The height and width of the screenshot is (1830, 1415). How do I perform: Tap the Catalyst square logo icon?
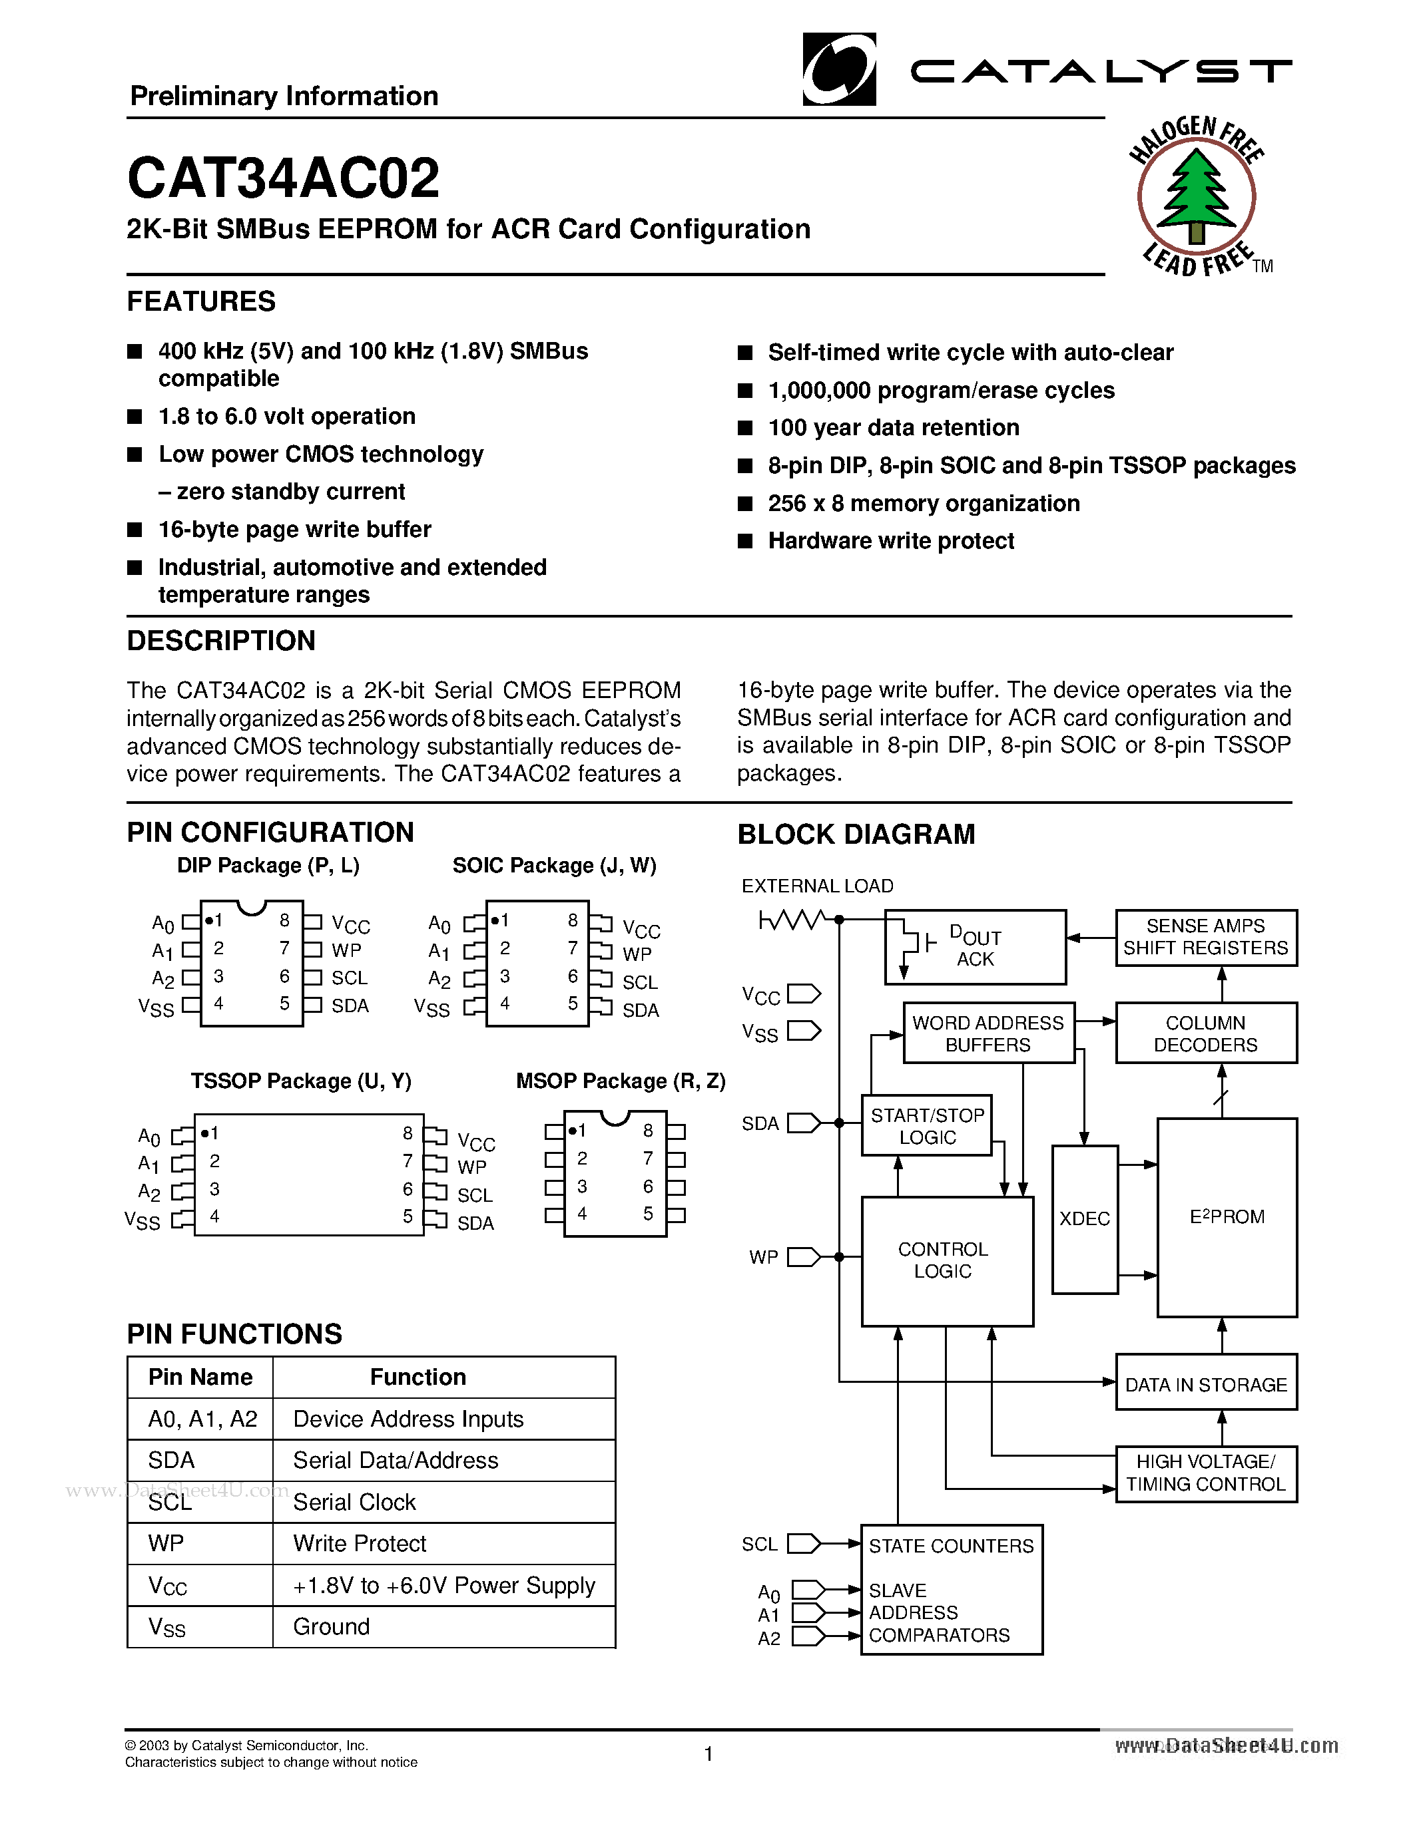pyautogui.click(x=839, y=70)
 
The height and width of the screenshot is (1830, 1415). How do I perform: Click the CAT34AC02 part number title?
pyautogui.click(x=284, y=178)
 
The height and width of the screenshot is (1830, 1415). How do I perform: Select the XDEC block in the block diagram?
pyautogui.click(x=1084, y=1219)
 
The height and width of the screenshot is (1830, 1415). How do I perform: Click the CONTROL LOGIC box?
pyautogui.click(x=946, y=1261)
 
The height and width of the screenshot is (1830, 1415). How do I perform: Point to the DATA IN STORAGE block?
pyautogui.click(x=1205, y=1385)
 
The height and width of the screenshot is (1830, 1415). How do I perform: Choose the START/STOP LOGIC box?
pyautogui.click(x=926, y=1126)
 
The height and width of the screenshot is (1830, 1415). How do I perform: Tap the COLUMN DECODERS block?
pyautogui.click(x=1205, y=1033)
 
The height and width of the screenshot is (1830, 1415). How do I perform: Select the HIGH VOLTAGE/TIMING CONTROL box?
pyautogui.click(x=1205, y=1473)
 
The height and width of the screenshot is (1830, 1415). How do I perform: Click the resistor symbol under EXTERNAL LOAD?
pyautogui.click(x=792, y=920)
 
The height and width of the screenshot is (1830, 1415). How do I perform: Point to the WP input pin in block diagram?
pyautogui.click(x=803, y=1257)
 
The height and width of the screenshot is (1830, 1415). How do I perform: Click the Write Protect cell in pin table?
pyautogui.click(x=360, y=1543)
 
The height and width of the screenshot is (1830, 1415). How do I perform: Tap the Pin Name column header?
pyautogui.click(x=200, y=1377)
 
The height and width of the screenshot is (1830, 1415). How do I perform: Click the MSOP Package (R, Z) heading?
pyautogui.click(x=621, y=1081)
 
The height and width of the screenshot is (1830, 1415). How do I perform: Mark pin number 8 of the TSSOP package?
pyautogui.click(x=408, y=1133)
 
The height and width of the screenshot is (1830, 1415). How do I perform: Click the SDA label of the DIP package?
pyautogui.click(x=350, y=1006)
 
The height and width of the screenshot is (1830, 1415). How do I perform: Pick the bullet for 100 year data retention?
pyautogui.click(x=744, y=428)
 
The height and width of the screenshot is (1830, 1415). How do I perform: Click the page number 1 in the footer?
pyautogui.click(x=708, y=1753)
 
